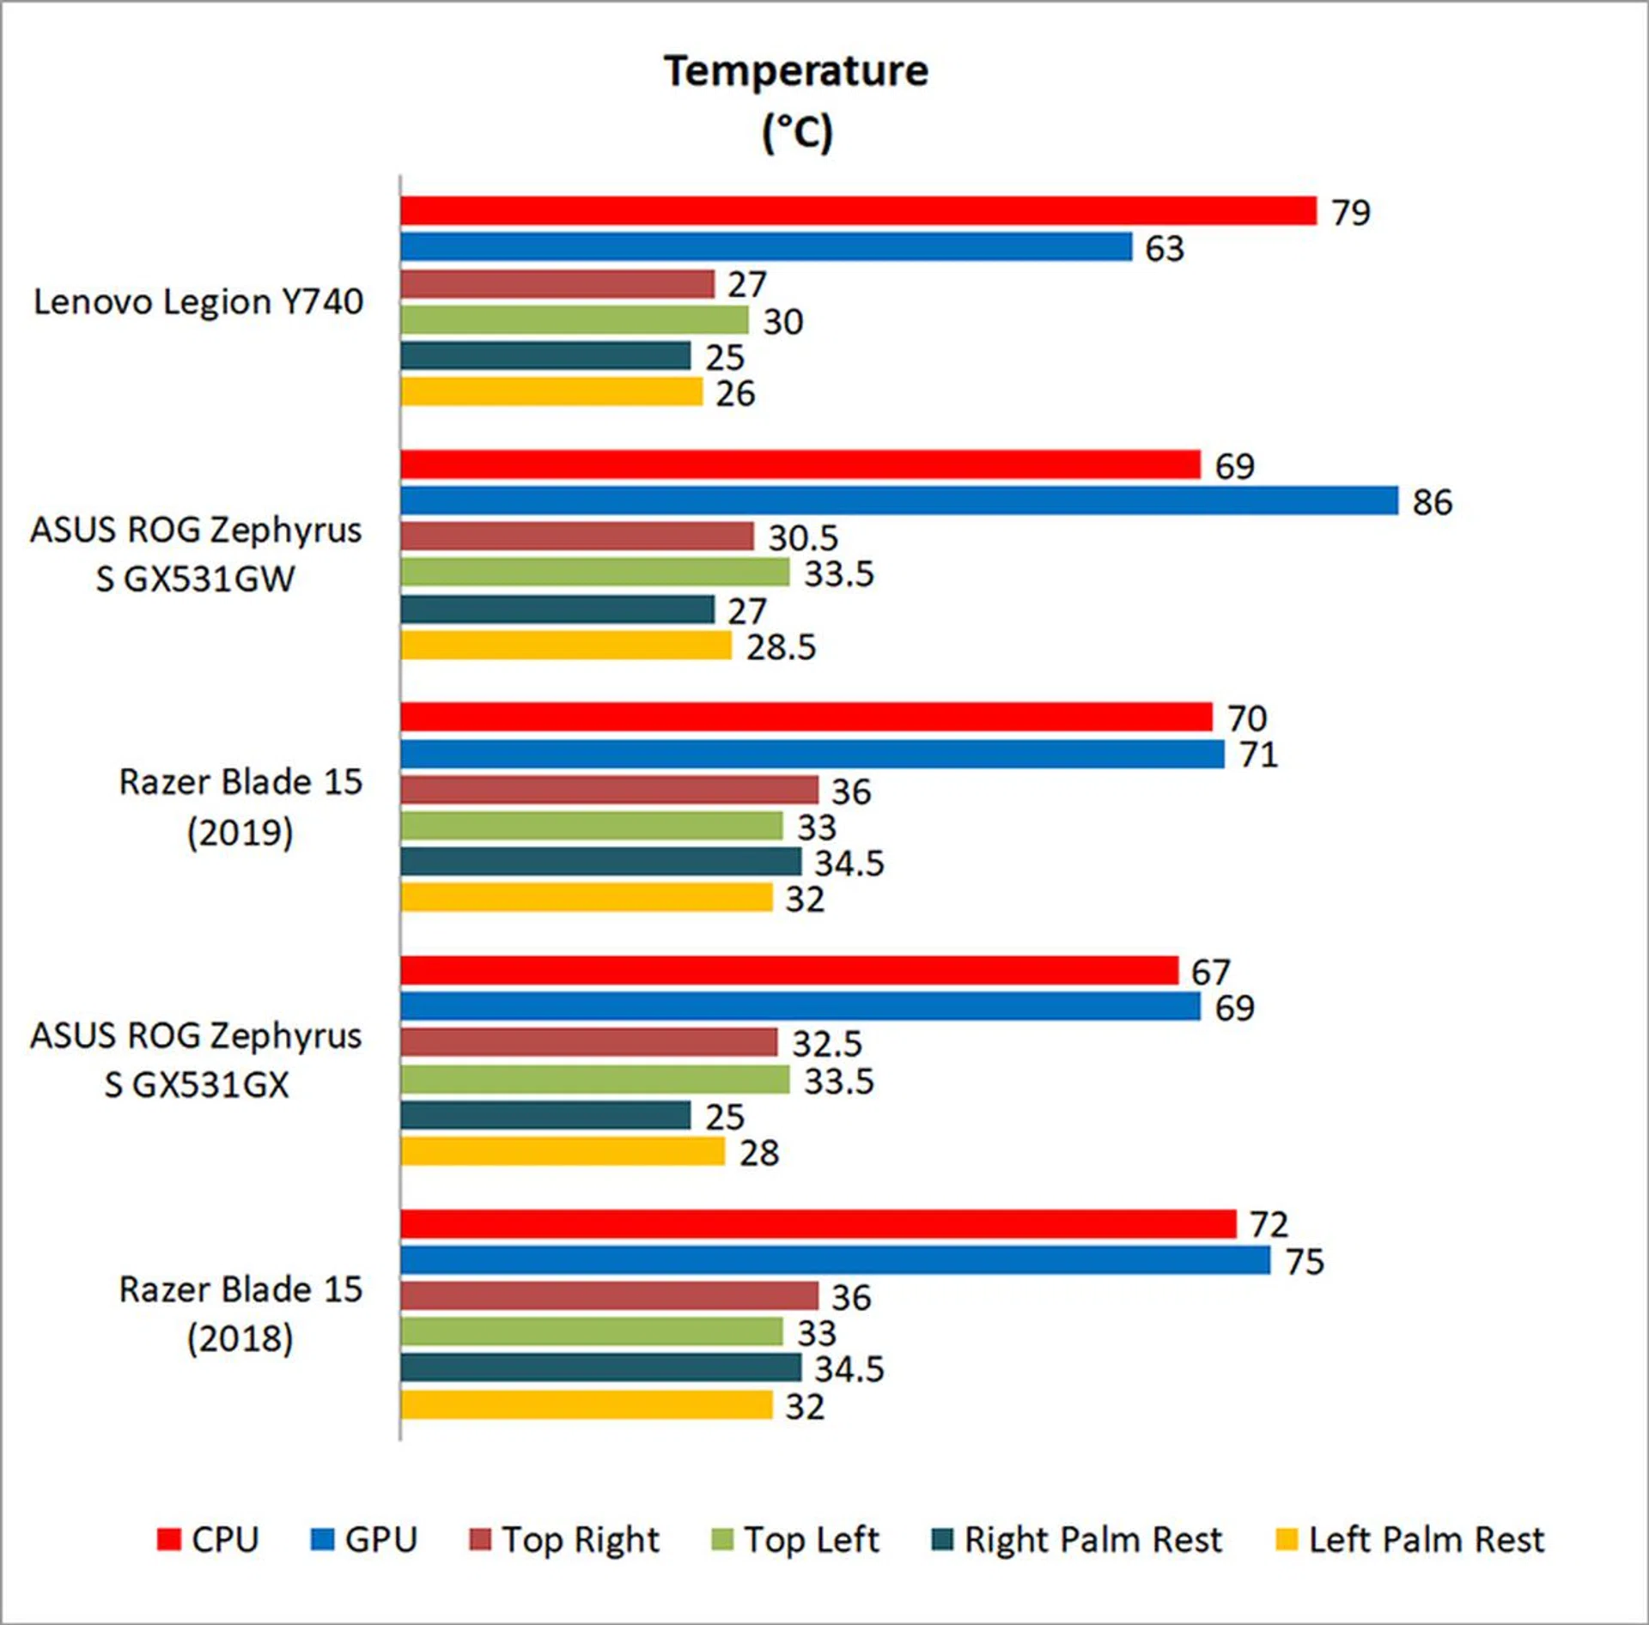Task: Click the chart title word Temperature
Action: [x=795, y=71]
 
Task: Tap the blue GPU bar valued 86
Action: [x=898, y=500]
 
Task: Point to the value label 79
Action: [x=1350, y=213]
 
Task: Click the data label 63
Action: [x=1164, y=249]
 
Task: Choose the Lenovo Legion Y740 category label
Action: [x=198, y=302]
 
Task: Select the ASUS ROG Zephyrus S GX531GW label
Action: [x=196, y=554]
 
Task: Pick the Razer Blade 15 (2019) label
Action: [x=240, y=806]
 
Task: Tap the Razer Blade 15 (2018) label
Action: [x=240, y=1313]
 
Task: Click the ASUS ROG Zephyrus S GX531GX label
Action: [x=196, y=1060]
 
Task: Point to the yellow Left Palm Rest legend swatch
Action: [x=1287, y=1540]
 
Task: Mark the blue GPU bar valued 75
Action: [x=835, y=1260]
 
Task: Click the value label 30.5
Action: [x=802, y=538]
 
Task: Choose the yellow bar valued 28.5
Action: [x=566, y=646]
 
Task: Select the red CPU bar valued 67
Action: [x=788, y=971]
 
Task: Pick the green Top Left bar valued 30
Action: [x=574, y=320]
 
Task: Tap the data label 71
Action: [x=1258, y=755]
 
